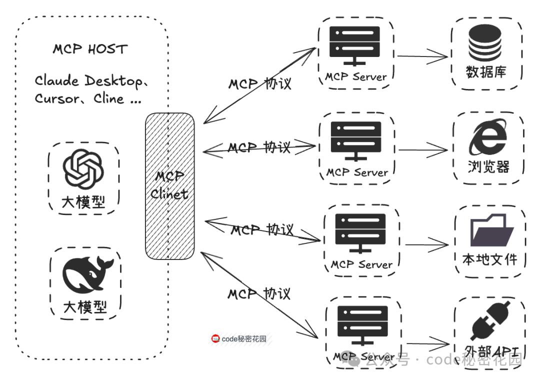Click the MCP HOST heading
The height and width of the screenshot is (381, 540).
click(90, 49)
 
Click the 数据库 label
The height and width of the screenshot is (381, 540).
click(486, 72)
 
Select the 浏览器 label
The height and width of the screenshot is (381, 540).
click(488, 166)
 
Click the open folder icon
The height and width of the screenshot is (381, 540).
click(490, 230)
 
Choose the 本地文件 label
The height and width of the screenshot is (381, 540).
click(489, 259)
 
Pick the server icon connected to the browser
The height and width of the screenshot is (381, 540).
click(356, 140)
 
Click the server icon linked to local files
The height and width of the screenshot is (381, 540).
click(360, 232)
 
